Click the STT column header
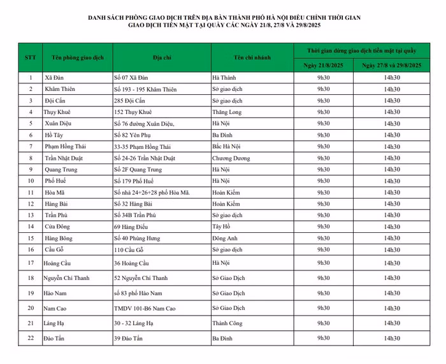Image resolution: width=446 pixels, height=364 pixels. tap(31, 57)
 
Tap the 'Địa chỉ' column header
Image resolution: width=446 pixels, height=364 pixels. tap(161, 57)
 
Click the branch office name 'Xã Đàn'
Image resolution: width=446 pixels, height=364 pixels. tap(54, 78)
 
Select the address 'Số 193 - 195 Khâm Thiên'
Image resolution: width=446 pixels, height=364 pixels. tap(145, 89)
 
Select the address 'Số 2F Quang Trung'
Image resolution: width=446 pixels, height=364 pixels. tap(138, 169)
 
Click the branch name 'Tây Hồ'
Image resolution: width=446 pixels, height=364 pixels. tap(222, 227)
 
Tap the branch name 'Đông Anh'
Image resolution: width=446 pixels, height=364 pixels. tap(225, 238)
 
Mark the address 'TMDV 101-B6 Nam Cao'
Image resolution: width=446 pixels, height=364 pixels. tap(144, 308)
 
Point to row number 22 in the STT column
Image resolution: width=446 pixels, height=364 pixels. tap(31, 339)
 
